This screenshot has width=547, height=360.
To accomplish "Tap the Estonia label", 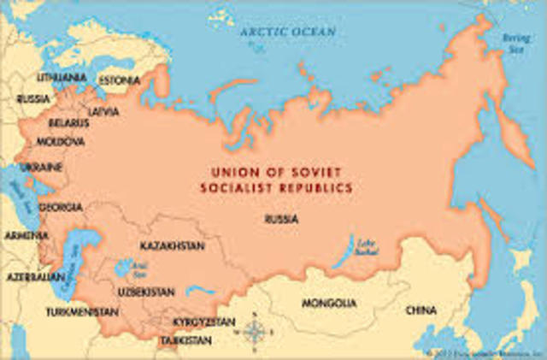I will (118, 81).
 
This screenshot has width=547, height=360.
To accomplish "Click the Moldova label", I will (60, 140).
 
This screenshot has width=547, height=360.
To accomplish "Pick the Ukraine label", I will (41, 164).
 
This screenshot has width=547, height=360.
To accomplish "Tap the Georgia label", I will (61, 207).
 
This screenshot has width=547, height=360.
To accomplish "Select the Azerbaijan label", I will (34, 278).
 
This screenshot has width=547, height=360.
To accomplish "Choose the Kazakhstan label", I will (172, 246).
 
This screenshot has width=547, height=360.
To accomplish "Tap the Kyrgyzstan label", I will (203, 322).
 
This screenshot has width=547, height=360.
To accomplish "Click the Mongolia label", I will (329, 303).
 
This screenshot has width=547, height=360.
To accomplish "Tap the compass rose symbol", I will (254, 331).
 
